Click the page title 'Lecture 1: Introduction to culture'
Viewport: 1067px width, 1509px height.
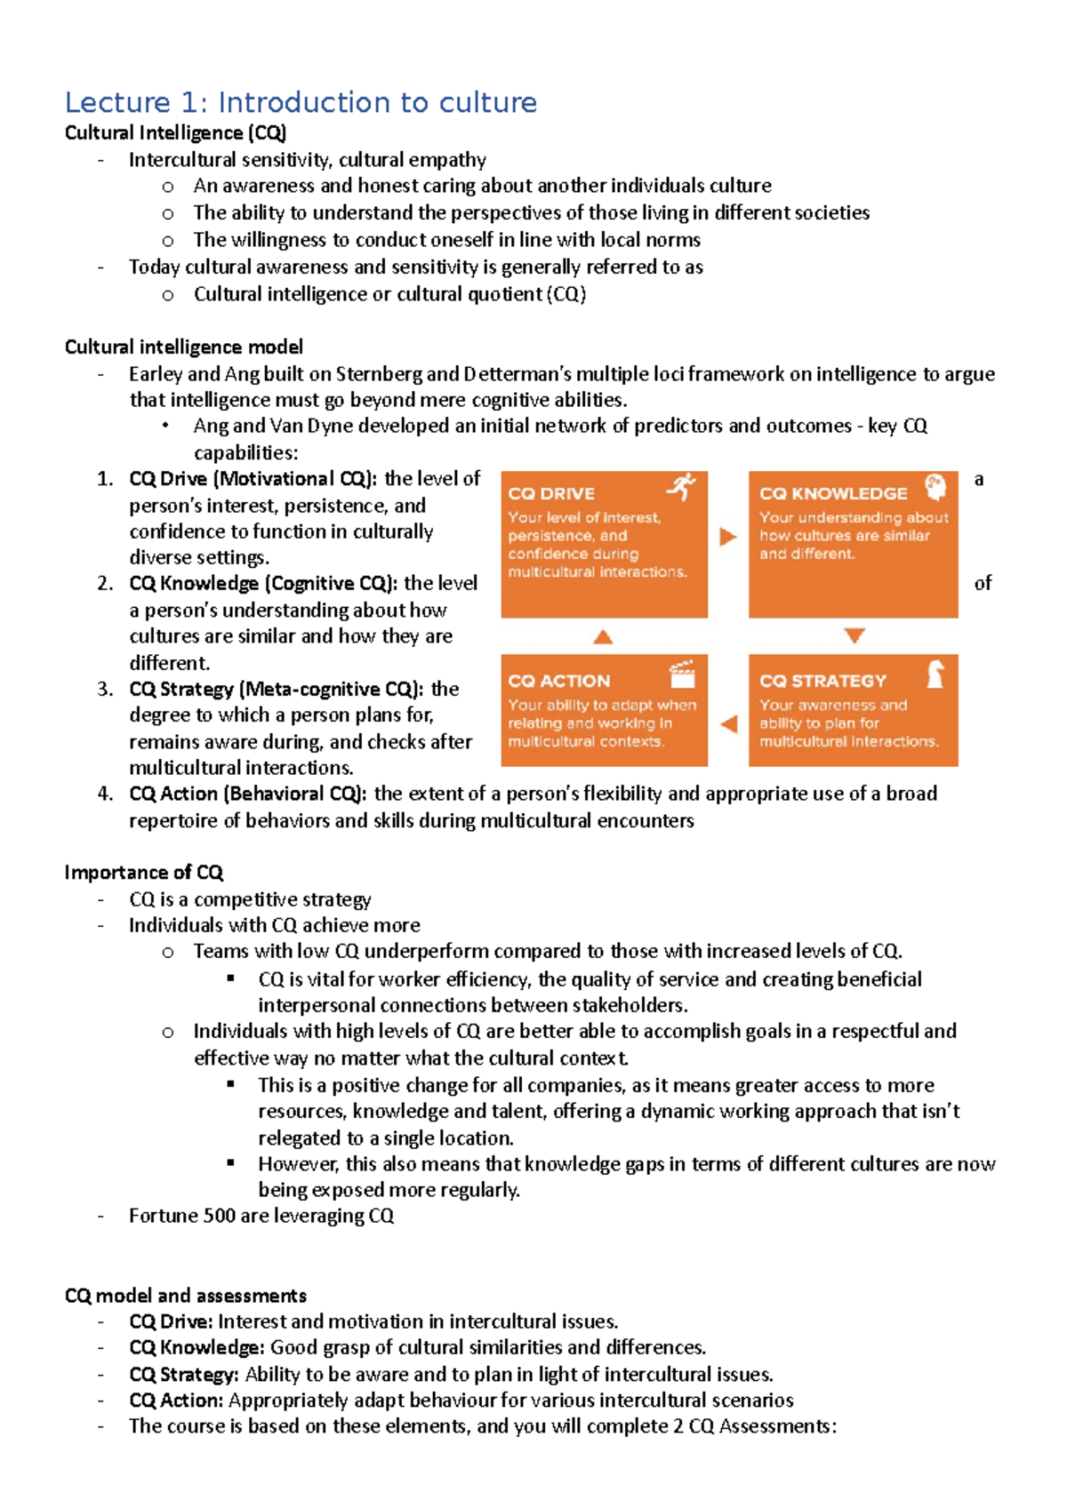tap(301, 102)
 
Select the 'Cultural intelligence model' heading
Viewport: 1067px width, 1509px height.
tap(183, 347)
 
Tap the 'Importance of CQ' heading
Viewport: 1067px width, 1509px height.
tap(143, 872)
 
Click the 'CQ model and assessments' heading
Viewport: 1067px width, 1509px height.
tap(185, 1295)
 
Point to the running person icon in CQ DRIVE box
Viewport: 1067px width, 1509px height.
tap(682, 487)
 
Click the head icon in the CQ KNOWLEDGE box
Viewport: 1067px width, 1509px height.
tap(935, 487)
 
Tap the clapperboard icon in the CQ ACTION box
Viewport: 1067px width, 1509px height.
tap(682, 675)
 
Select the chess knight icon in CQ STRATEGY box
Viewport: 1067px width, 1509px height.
tap(935, 675)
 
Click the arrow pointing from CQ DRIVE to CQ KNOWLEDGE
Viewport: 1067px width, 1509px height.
tap(728, 537)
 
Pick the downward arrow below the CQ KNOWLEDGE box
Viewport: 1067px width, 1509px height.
tap(854, 636)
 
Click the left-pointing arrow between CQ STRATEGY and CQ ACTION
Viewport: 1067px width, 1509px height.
tap(729, 723)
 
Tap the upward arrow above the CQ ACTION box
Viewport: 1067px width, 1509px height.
tap(603, 636)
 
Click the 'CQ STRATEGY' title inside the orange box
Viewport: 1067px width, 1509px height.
tap(822, 681)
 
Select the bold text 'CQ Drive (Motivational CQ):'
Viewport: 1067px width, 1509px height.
tap(253, 479)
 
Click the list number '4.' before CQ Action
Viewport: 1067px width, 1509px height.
tap(105, 794)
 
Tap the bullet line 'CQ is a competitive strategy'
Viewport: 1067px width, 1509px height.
tap(250, 899)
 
